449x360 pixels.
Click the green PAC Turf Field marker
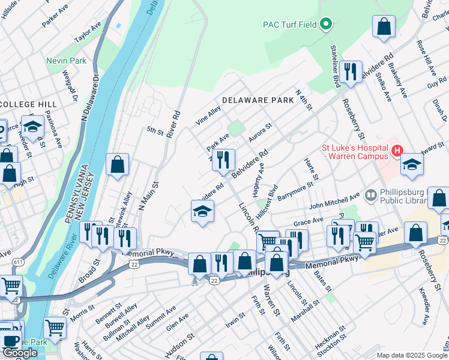(326, 25)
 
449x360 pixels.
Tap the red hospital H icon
(397, 152)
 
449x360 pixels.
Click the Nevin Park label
(67, 61)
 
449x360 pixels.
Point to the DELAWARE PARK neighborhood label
(253, 100)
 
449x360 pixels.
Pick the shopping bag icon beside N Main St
(118, 164)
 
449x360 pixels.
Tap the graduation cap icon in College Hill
(32, 126)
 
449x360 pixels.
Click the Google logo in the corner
(20, 353)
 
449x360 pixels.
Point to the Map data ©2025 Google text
(412, 355)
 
